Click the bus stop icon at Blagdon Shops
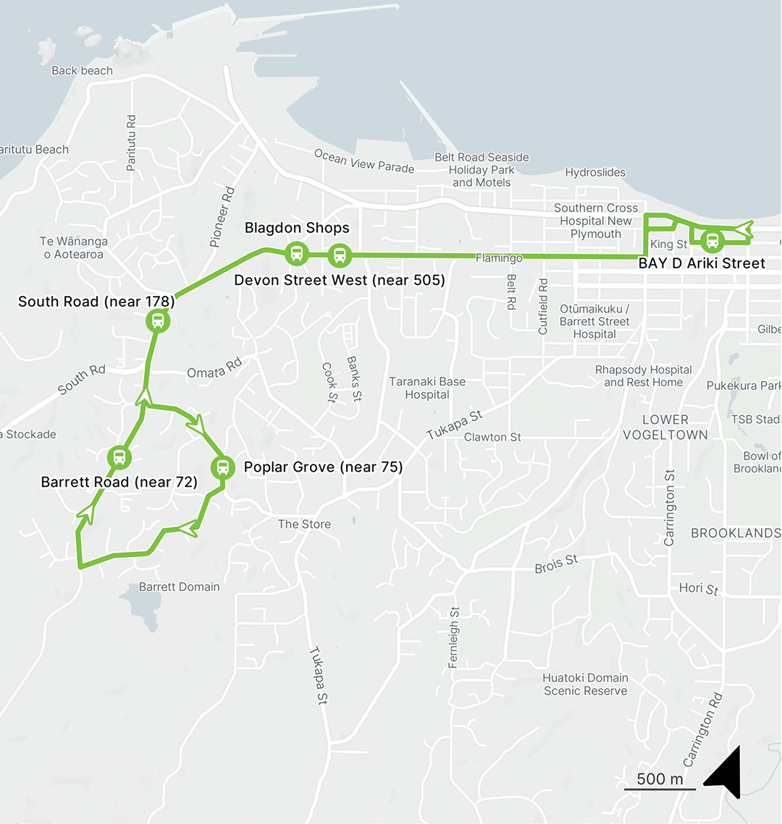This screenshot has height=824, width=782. (296, 254)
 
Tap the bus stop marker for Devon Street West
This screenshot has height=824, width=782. (339, 255)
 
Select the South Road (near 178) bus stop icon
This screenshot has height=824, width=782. (157, 320)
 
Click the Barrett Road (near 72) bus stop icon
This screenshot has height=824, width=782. (119, 457)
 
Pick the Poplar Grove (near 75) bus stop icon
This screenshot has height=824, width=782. (222, 467)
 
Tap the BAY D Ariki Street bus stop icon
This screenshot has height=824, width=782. (712, 241)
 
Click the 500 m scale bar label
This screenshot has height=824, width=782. (660, 778)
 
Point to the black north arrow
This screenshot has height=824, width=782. (726, 773)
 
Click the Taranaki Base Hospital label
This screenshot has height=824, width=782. (427, 388)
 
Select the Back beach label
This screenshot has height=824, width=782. (83, 71)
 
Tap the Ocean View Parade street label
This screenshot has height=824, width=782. (364, 161)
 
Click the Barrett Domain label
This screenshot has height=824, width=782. (179, 587)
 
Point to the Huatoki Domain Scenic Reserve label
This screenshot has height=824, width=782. (586, 684)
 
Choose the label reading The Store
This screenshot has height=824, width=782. (304, 524)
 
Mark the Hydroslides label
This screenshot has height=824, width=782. (595, 172)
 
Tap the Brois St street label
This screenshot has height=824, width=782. (556, 564)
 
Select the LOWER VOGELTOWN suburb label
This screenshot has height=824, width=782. (665, 427)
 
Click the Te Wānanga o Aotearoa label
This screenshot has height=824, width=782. (74, 248)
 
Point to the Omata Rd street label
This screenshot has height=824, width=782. (214, 370)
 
